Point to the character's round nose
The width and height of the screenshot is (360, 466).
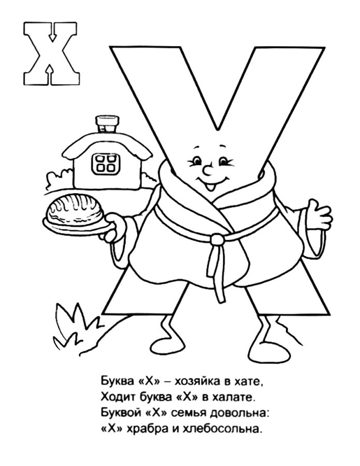(x=209, y=170)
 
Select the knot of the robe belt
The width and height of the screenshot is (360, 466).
(x=218, y=239)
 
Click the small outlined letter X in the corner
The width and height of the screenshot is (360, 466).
(x=52, y=53)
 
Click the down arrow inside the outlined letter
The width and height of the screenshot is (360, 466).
(x=53, y=33)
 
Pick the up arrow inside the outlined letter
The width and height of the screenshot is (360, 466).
(x=51, y=74)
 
